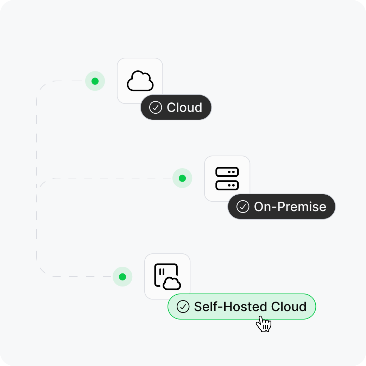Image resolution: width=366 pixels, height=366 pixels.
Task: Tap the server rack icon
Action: (x=227, y=178)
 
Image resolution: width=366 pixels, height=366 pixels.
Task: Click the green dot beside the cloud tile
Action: (x=95, y=81)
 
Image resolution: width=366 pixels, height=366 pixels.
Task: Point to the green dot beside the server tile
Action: (x=182, y=178)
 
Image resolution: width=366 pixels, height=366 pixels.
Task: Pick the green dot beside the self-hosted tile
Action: (x=122, y=277)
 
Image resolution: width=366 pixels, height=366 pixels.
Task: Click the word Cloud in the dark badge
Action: (x=184, y=107)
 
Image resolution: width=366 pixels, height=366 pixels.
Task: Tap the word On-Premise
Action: (x=290, y=207)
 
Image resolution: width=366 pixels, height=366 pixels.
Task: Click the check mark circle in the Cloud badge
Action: (x=156, y=107)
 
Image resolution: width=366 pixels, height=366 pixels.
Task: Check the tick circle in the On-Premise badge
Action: (x=243, y=207)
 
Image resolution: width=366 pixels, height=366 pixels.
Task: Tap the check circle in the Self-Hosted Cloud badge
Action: (x=183, y=307)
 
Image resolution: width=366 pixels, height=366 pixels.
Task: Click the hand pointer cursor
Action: (x=263, y=324)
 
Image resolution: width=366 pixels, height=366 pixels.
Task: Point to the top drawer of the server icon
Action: (x=227, y=172)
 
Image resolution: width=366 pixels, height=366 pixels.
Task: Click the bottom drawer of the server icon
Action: (x=227, y=185)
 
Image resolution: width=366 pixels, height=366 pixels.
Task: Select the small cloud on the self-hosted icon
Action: (x=172, y=283)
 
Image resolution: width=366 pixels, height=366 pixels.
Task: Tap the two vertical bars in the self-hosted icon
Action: (x=162, y=272)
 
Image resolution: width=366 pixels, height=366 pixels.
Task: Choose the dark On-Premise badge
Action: (x=282, y=207)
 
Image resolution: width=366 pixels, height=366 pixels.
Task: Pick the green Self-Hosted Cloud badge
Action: (x=242, y=307)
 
